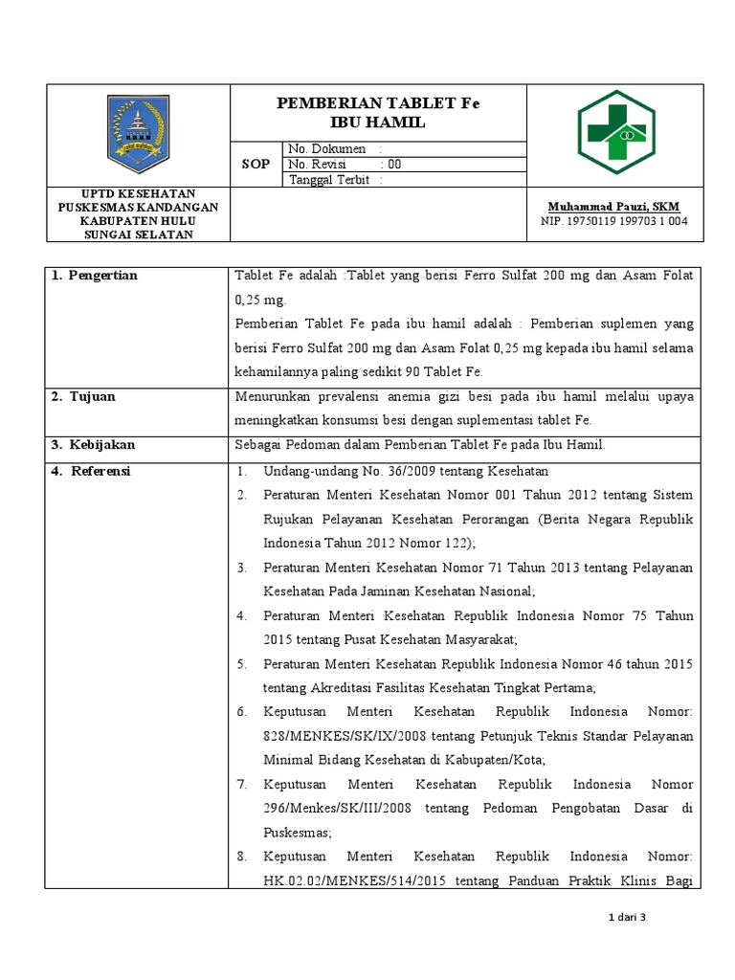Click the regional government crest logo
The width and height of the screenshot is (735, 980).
[138, 134]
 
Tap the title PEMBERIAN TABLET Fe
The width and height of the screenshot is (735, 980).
[378, 104]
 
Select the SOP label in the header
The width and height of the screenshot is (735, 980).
[256, 165]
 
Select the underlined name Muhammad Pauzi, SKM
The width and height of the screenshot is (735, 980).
[612, 207]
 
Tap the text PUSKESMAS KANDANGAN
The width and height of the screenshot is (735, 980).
[138, 207]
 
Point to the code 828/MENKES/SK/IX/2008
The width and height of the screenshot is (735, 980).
[345, 736]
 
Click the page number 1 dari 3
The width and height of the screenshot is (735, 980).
[628, 918]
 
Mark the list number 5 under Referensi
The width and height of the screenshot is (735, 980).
[243, 663]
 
